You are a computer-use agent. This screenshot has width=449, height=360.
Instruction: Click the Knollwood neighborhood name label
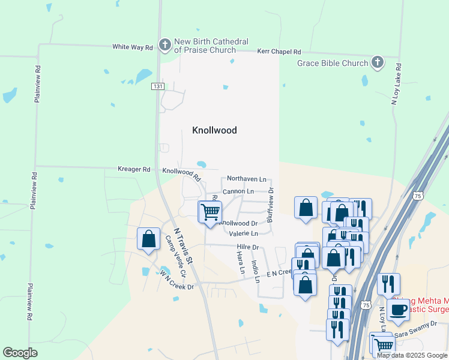pos(214,130)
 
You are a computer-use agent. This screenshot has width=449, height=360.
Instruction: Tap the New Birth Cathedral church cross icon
pos(164,44)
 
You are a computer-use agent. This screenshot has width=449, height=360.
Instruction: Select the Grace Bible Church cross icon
pos(377,62)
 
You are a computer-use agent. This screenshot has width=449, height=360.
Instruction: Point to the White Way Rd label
pos(133,47)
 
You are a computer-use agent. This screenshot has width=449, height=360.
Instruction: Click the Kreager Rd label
pos(134,170)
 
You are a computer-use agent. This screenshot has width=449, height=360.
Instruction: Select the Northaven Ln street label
pos(246,179)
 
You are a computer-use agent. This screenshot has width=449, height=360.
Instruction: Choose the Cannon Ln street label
pos(238,191)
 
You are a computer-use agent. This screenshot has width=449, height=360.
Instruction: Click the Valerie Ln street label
pos(243,233)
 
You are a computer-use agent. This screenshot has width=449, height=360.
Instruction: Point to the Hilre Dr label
pos(247,247)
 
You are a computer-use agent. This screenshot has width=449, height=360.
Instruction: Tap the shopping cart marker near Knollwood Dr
pos(210,212)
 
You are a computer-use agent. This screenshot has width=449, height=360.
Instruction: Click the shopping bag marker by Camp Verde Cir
pos(148,239)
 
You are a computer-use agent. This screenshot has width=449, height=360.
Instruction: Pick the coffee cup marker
pos(398,310)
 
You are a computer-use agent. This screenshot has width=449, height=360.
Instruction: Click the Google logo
pos(20,353)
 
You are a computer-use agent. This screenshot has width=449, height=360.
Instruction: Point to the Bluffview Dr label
pos(271,205)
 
